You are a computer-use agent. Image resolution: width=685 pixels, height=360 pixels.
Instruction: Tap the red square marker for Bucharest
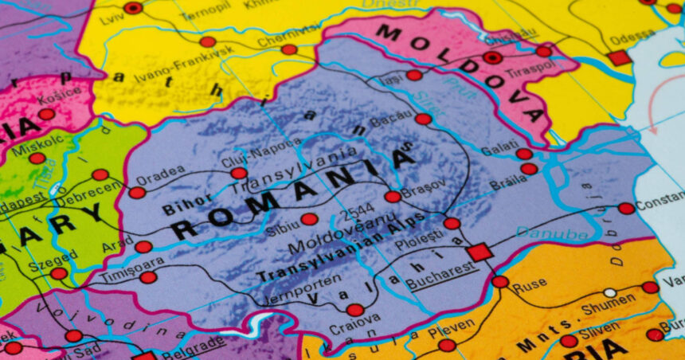point(479,252)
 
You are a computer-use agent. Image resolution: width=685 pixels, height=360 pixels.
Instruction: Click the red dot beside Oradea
point(137,193)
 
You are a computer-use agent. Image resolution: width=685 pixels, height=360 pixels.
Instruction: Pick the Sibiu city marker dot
point(309,219)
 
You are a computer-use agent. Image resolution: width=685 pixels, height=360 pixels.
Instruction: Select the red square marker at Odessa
point(618,57)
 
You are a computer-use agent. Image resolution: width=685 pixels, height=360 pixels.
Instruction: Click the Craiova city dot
point(355,310)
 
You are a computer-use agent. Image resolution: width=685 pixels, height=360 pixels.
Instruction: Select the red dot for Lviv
point(133,8)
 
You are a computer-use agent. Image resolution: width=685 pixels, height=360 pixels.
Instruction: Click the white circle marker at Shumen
point(609,293)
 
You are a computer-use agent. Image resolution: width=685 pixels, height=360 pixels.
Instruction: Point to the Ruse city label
point(529,288)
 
